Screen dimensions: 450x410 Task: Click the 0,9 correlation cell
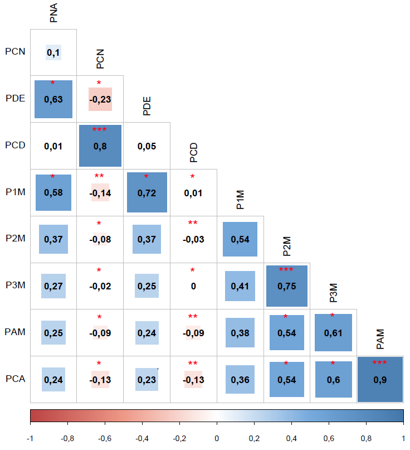(x=379, y=379)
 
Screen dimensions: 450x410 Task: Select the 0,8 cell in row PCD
(x=100, y=146)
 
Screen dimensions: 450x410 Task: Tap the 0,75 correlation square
(x=286, y=286)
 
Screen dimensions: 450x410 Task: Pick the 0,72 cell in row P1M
(x=147, y=193)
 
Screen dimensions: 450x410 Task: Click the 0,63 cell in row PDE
(x=53, y=99)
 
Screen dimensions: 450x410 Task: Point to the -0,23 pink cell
(x=100, y=99)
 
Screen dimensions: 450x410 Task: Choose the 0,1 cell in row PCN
(x=53, y=53)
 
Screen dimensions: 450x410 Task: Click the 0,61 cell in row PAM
(x=333, y=333)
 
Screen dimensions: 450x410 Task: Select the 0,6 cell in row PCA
(x=333, y=379)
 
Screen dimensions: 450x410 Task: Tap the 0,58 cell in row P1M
(x=53, y=193)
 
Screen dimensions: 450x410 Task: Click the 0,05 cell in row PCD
(x=147, y=146)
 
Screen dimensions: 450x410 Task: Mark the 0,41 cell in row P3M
(x=240, y=286)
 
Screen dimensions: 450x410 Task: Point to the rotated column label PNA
(x=53, y=13)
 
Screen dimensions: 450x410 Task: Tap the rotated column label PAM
(x=380, y=337)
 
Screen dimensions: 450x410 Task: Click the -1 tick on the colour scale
(x=30, y=438)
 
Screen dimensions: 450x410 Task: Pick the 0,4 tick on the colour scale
(x=291, y=438)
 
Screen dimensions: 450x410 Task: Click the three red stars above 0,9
(x=379, y=363)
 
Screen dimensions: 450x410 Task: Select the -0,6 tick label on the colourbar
(x=104, y=438)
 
